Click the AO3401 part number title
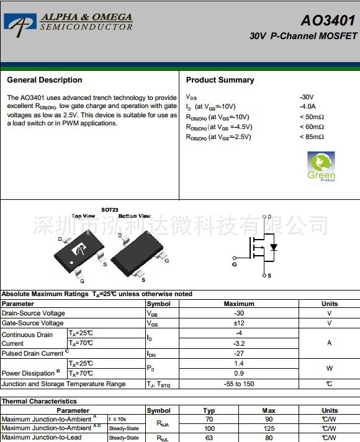pyautogui.click(x=328, y=20)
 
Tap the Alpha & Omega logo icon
pyautogui.click(x=20, y=22)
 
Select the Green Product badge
pyautogui.click(x=321, y=166)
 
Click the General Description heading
pyautogui.click(x=45, y=80)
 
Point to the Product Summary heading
pyautogui.click(x=220, y=80)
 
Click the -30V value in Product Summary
pyautogui.click(x=307, y=97)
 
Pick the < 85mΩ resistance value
pyautogui.click(x=312, y=137)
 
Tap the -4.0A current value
pyautogui.click(x=308, y=107)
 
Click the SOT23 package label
pyautogui.click(x=110, y=210)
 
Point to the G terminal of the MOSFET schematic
pyautogui.click(x=235, y=264)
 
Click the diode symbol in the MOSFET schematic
pyautogui.click(x=273, y=247)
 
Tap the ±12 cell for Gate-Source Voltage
pyautogui.click(x=239, y=323)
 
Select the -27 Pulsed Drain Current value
pyautogui.click(x=239, y=353)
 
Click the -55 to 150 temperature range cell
pyautogui.click(x=239, y=384)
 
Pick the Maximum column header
pyautogui.click(x=239, y=304)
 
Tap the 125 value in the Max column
pyautogui.click(x=269, y=428)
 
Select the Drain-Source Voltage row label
pyautogui.click(x=34, y=313)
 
